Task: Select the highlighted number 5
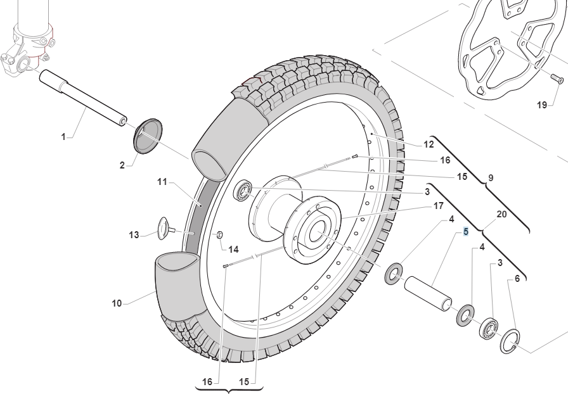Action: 466,232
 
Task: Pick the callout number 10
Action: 117,303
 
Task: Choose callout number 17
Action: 438,205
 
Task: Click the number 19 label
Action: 541,105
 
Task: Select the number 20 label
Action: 501,214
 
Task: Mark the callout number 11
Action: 162,182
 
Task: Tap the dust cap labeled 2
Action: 147,135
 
